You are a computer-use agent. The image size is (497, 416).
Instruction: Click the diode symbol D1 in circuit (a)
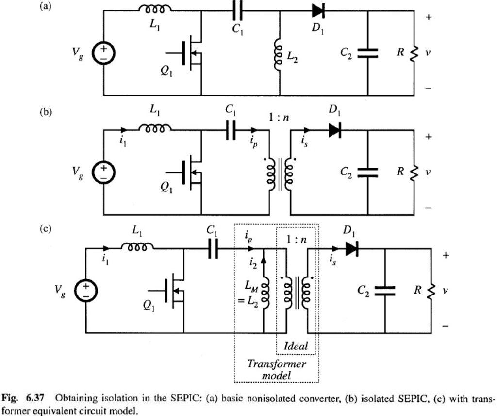[x=318, y=9]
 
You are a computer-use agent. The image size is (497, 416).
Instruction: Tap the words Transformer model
[x=277, y=369]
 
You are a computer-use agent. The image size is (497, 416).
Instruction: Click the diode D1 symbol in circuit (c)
[x=351, y=249]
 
